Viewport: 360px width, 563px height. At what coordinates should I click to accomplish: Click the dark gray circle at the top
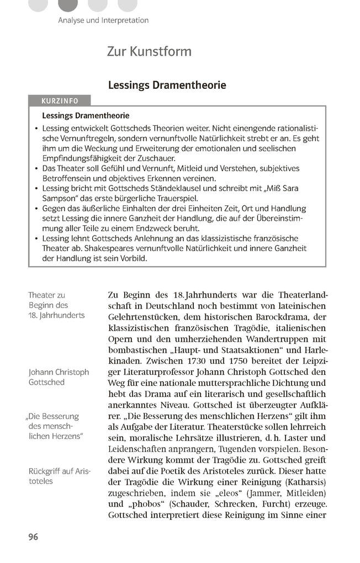68,4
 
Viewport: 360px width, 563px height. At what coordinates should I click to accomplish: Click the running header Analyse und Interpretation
103,20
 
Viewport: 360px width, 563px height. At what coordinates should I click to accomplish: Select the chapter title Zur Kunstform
149,52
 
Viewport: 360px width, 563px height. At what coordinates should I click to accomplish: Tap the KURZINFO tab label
60,100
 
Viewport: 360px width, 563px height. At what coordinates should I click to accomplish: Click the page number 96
33,537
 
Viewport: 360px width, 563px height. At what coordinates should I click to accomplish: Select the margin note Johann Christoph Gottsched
59,377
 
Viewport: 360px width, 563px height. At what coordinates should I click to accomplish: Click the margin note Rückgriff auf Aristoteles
60,476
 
